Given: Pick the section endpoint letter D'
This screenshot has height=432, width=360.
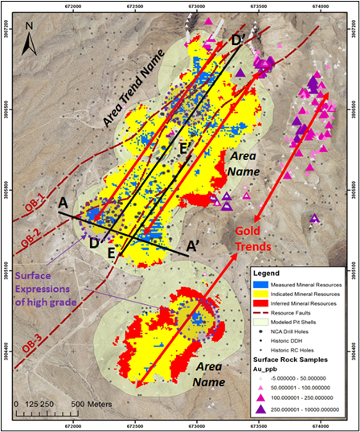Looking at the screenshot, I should pyautogui.click(x=238, y=41).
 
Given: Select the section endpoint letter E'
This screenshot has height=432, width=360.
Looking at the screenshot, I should pyautogui.click(x=184, y=148).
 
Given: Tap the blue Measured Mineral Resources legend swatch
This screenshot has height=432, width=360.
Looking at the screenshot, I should pyautogui.click(x=259, y=286).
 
